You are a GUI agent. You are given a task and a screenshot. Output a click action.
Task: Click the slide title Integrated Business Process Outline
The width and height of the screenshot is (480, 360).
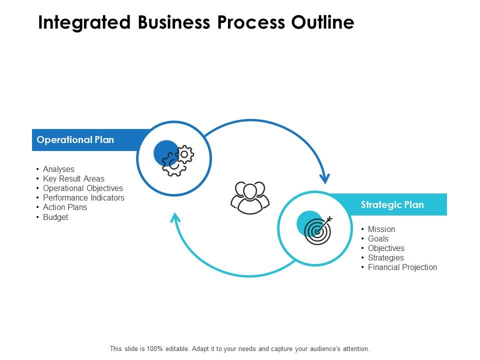click(196, 23)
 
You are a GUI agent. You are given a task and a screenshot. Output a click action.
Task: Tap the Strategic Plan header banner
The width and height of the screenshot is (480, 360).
click(392, 204)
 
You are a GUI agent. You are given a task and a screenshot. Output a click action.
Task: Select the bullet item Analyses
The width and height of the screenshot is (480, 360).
click(58, 169)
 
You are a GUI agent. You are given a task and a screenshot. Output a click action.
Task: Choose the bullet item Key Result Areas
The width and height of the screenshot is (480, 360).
click(73, 179)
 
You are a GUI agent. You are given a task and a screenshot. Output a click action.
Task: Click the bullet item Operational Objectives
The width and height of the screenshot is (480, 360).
click(82, 188)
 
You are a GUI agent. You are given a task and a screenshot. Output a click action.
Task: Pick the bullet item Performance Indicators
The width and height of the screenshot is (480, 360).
click(83, 198)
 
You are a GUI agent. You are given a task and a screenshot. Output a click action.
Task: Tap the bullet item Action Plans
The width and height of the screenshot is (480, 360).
click(65, 207)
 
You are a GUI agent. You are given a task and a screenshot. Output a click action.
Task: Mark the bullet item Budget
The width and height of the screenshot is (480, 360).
click(55, 217)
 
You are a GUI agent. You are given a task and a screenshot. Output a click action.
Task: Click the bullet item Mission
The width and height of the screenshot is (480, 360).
click(381, 229)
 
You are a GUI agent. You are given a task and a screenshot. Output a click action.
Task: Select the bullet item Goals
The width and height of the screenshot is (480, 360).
click(378, 239)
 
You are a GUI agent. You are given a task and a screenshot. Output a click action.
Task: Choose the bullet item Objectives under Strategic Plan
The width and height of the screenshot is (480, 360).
click(386, 248)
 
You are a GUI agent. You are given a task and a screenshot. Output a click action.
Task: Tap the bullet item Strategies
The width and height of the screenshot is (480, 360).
click(385, 258)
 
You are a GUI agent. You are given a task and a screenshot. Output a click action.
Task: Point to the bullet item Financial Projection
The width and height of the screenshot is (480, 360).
click(402, 267)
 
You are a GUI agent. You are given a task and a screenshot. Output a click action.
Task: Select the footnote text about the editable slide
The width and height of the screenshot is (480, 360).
click(239, 348)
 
